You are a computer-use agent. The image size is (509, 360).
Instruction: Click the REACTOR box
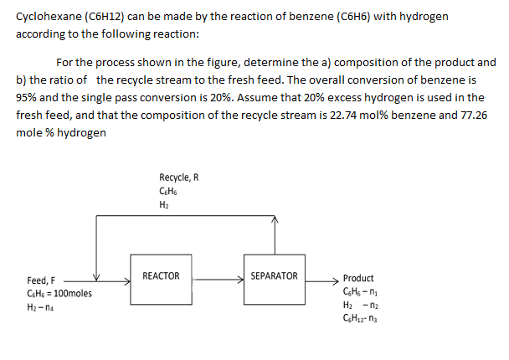click(x=161, y=276)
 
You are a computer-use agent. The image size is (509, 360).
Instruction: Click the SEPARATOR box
click(x=274, y=276)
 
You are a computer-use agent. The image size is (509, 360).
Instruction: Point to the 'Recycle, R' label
click(x=178, y=177)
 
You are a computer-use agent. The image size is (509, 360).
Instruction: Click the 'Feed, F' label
click(x=39, y=280)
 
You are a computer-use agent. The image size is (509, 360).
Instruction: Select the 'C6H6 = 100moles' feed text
click(x=60, y=294)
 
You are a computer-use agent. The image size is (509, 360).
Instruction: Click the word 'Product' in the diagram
click(x=358, y=278)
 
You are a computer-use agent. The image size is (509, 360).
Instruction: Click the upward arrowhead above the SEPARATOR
click(x=274, y=221)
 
